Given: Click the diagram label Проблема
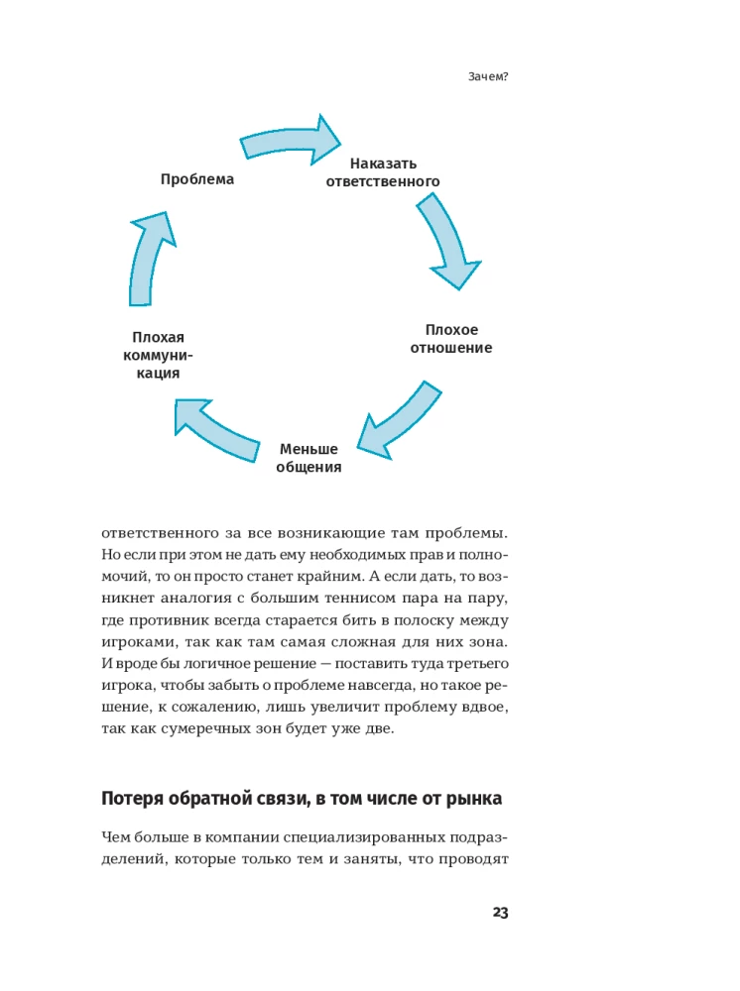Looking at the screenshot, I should [197, 179].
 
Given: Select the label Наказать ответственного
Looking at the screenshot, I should [383, 172].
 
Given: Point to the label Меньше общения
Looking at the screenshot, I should [308, 458].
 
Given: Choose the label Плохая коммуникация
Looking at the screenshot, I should [158, 355].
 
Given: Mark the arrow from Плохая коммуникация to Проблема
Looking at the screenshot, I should [149, 255].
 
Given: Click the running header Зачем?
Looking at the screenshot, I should [488, 77].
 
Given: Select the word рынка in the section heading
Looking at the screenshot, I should [478, 799].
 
